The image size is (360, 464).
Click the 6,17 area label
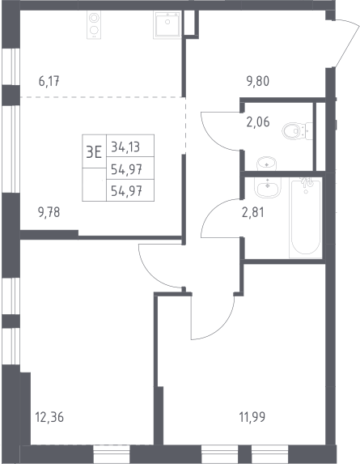pos(49,81)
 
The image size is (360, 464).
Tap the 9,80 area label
pos(258,81)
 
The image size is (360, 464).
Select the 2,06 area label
pos(258,121)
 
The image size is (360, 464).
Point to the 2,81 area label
pos(253,212)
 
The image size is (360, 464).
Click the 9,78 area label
pos(49,212)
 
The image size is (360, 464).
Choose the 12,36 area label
pos(49,418)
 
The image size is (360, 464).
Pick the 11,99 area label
pos(252,418)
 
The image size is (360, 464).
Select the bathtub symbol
pos(306,217)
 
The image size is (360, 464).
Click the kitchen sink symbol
pos(167,25)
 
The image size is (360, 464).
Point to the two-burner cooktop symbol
pos(94,25)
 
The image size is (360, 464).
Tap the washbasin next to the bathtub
pos(268,188)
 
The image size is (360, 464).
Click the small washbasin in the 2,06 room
pos(267,164)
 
